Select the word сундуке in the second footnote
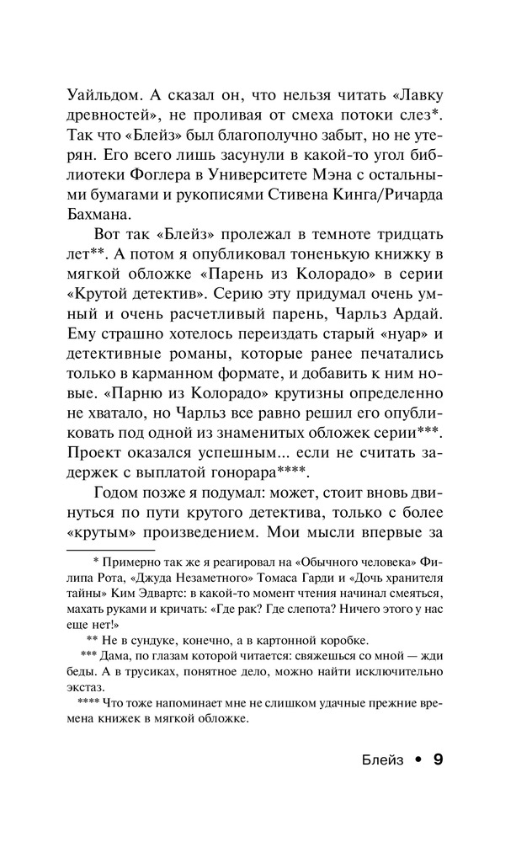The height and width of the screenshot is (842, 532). coord(161,639)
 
